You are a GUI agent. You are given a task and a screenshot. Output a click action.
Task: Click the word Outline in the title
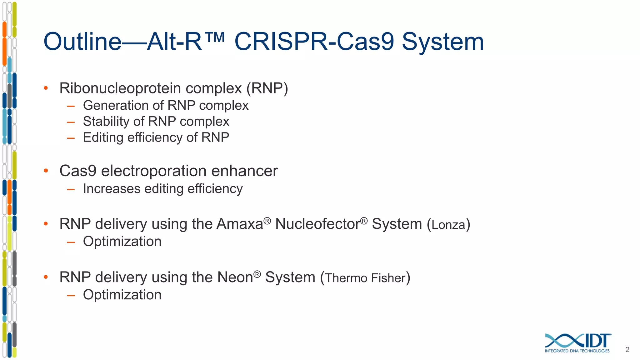[82, 42]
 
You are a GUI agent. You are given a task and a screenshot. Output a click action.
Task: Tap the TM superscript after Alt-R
[215, 37]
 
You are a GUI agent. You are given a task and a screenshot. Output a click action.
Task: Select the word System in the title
[442, 42]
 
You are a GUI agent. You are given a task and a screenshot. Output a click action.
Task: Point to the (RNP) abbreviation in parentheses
[267, 88]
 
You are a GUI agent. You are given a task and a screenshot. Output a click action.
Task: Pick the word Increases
[112, 189]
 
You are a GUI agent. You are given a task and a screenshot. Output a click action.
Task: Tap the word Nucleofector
[317, 224]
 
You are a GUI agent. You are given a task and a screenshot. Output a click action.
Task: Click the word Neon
[235, 277]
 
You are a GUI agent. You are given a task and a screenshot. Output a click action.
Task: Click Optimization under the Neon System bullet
[122, 295]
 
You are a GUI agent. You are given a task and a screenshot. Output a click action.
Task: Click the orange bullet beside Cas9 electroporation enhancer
[46, 171]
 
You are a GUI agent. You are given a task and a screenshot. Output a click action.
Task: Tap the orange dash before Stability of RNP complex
[71, 122]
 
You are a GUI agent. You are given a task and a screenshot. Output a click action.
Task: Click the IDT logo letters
[597, 341]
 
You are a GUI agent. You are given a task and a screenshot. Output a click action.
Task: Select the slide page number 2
[627, 350]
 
